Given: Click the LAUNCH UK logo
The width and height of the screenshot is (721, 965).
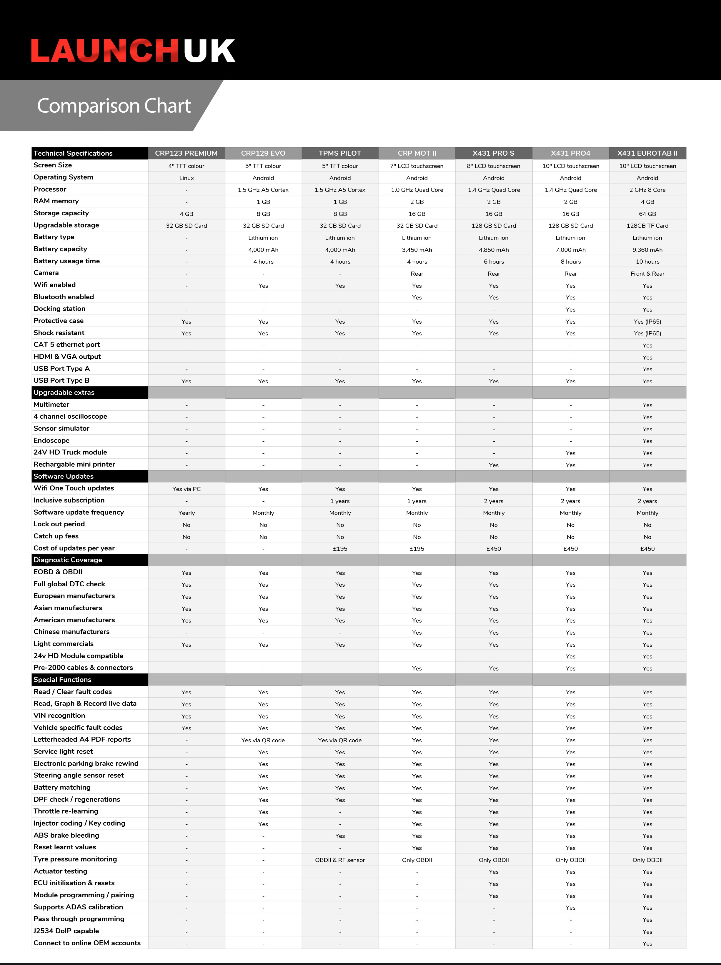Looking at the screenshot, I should click(x=133, y=51).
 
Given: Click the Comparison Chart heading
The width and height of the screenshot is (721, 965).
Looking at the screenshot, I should click(x=114, y=106).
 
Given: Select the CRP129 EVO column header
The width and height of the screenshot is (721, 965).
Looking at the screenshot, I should click(x=263, y=153).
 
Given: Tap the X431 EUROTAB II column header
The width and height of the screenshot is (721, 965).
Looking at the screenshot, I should click(x=647, y=153).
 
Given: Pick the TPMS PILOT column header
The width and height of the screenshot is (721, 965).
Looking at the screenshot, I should click(x=340, y=153).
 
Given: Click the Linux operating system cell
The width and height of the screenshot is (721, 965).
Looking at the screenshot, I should click(x=186, y=178).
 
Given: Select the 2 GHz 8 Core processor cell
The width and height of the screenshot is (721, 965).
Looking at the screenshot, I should click(x=647, y=190).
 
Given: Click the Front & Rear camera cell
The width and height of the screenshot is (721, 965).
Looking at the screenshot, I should click(x=647, y=274).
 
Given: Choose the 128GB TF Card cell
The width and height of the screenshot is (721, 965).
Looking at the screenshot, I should click(x=647, y=226).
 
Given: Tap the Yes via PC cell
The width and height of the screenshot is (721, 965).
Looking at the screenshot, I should click(x=186, y=489).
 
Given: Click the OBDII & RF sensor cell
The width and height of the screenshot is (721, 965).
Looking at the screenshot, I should click(x=340, y=860).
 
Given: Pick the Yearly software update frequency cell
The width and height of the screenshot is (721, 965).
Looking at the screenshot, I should click(x=186, y=513).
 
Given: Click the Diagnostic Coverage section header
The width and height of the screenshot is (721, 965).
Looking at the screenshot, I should click(x=68, y=560).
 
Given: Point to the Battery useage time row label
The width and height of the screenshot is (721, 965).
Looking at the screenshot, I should click(x=67, y=261).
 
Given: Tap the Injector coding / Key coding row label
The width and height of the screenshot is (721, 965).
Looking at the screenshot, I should click(x=79, y=823).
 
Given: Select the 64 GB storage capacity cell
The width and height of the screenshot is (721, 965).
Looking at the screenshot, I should click(x=647, y=214).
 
